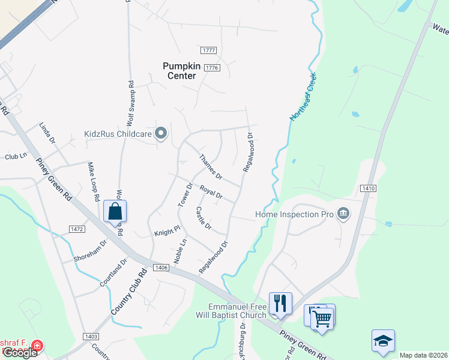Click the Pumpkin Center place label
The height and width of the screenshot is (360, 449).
(179, 71)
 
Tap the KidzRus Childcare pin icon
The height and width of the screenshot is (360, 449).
(160, 133)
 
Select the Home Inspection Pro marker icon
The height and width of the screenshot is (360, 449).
(343, 214)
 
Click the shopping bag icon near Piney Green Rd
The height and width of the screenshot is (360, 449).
(115, 212)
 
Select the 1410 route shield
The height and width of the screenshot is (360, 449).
(369, 188)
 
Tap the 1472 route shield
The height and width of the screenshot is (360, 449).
(77, 229)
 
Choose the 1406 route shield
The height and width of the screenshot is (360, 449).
(160, 268)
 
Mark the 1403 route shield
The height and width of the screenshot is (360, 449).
(92, 337)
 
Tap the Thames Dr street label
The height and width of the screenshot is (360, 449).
(210, 167)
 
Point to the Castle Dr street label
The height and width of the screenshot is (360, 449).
(203, 218)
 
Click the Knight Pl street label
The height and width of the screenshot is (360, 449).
(167, 232)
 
